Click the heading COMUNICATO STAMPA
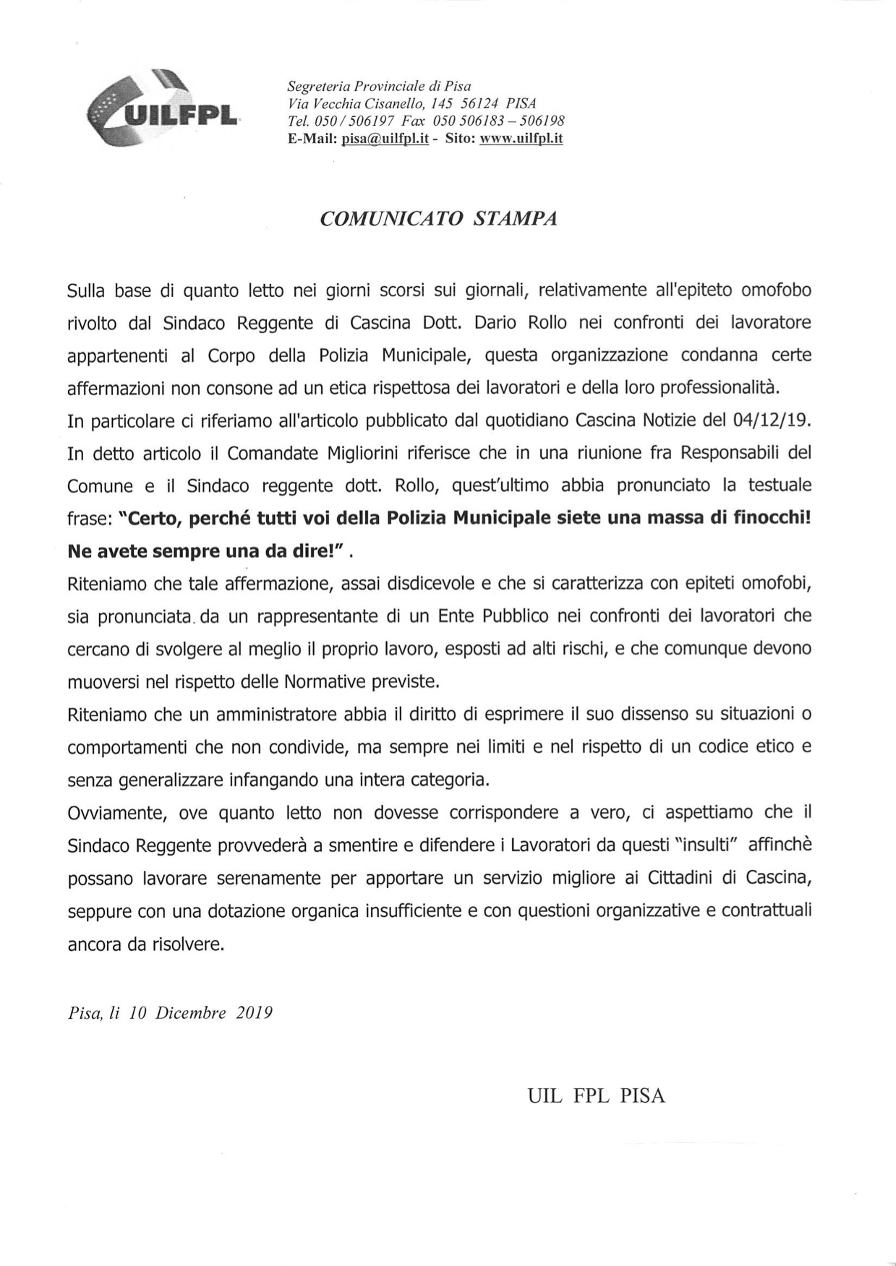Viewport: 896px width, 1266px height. point(439,220)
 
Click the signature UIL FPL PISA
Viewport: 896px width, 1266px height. point(596,1096)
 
